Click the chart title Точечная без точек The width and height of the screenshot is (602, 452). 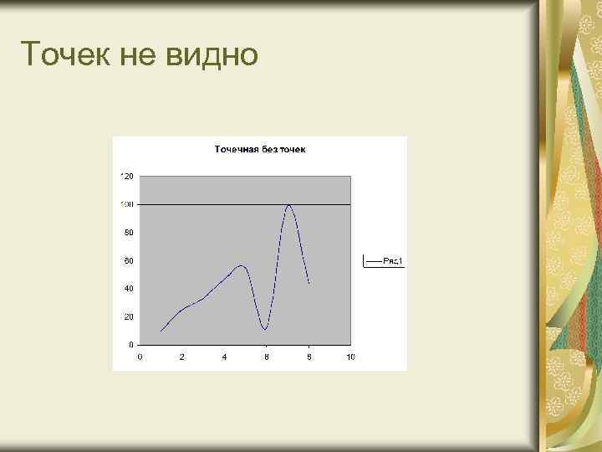click(x=260, y=150)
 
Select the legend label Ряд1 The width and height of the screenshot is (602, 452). click(x=394, y=261)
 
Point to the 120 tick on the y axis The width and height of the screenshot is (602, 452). click(x=127, y=177)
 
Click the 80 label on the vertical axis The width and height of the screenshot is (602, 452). click(x=129, y=233)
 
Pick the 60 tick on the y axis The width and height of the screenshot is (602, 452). click(x=129, y=261)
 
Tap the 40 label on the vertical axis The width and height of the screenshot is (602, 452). click(x=129, y=289)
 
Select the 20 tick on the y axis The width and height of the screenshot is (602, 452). click(x=129, y=316)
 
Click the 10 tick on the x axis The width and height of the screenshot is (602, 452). click(x=350, y=357)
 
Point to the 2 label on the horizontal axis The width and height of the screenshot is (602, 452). click(x=182, y=357)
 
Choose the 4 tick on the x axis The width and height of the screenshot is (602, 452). click(x=224, y=357)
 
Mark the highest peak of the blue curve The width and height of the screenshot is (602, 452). click(x=288, y=204)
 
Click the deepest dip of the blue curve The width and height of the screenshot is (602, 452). click(x=264, y=329)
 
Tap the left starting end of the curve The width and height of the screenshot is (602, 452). click(x=161, y=331)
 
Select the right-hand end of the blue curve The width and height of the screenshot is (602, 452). click(x=309, y=284)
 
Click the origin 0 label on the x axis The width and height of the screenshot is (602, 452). click(x=140, y=357)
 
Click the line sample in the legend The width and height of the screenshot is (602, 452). click(x=373, y=261)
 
